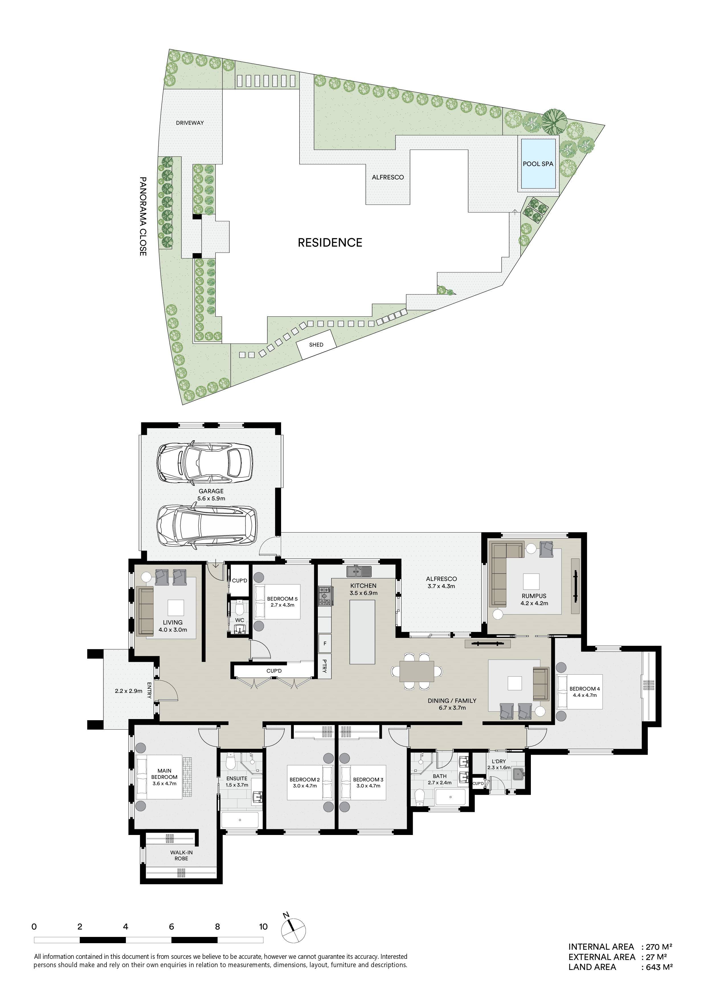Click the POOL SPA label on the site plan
538,164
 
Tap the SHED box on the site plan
316,345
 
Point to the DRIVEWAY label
190,123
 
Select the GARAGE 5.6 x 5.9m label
211,495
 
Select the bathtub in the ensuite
240,820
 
